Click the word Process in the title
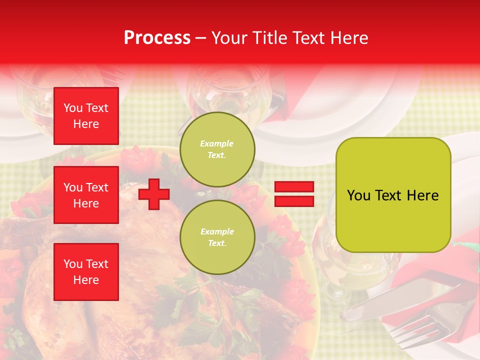(157, 38)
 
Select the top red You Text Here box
(86, 116)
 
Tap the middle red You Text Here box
(86, 195)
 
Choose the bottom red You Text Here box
(86, 272)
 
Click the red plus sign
(154, 194)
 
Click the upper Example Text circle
(217, 149)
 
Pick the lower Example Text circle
(217, 237)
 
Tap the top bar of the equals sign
(294, 187)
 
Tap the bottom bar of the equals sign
(294, 201)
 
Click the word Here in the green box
(422, 195)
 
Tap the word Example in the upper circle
(217, 143)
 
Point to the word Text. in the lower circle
(217, 243)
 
